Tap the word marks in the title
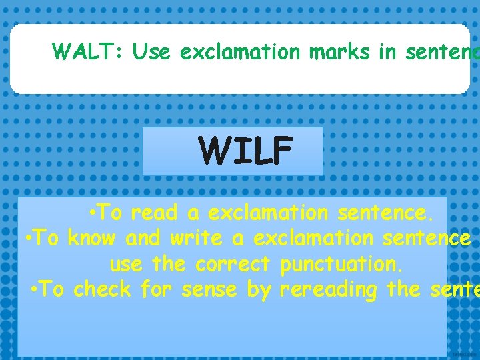coord(340,51)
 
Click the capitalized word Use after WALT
coord(152,51)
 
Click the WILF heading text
coord(246,151)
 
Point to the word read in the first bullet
coord(154,213)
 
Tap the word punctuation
coord(341,264)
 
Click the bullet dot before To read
coord(93,213)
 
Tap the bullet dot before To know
coord(29,238)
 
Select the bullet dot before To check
coord(35,290)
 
